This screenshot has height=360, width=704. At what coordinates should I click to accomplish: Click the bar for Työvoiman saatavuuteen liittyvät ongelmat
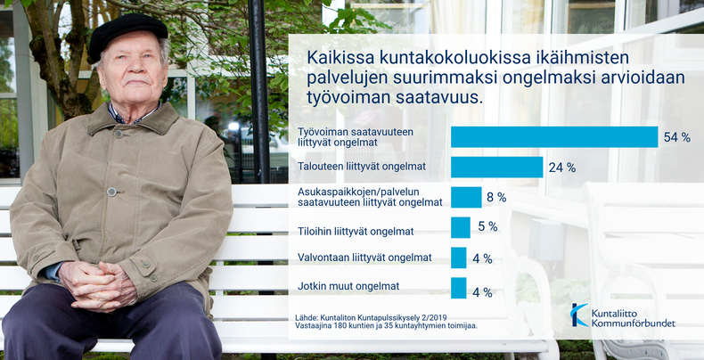554,137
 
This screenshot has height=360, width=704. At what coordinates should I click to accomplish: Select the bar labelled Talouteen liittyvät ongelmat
497,167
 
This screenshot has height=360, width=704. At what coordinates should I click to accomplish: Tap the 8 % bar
466,197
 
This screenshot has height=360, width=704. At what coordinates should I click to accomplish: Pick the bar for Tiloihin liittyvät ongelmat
461,227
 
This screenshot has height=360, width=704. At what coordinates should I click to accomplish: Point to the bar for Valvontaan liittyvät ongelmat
458,258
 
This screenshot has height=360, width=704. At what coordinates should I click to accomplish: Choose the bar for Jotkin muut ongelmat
458,288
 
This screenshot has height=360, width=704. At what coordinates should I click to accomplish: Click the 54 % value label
676,137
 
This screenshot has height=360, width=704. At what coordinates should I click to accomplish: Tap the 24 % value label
562,168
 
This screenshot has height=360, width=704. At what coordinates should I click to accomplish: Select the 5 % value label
487,226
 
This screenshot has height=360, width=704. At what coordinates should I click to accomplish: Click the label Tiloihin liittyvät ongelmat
356,232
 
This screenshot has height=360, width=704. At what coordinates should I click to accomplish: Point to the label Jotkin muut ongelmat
348,285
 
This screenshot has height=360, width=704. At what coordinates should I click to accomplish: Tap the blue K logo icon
579,315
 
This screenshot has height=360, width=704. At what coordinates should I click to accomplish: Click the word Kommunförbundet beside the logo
633,323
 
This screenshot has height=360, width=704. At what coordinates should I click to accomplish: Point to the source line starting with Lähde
372,317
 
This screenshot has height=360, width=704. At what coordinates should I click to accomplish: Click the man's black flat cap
127,37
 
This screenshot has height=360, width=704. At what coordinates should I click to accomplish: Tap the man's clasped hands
97,285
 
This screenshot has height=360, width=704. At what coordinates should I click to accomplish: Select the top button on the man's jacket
119,134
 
